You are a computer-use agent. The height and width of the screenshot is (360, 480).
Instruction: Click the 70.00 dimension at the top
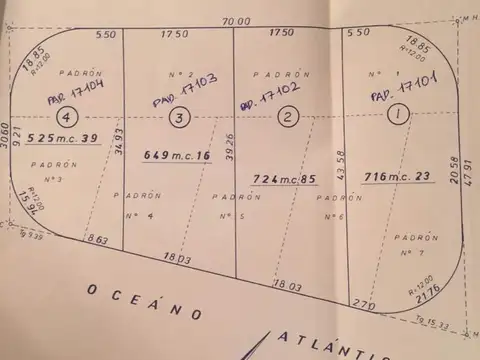pos(237,20)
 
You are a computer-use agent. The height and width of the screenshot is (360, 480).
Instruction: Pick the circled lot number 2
pos(288,118)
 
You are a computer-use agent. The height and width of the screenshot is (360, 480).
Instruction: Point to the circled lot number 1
pos(398,115)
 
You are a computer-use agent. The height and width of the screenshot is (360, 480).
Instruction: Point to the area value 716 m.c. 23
pos(397,177)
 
